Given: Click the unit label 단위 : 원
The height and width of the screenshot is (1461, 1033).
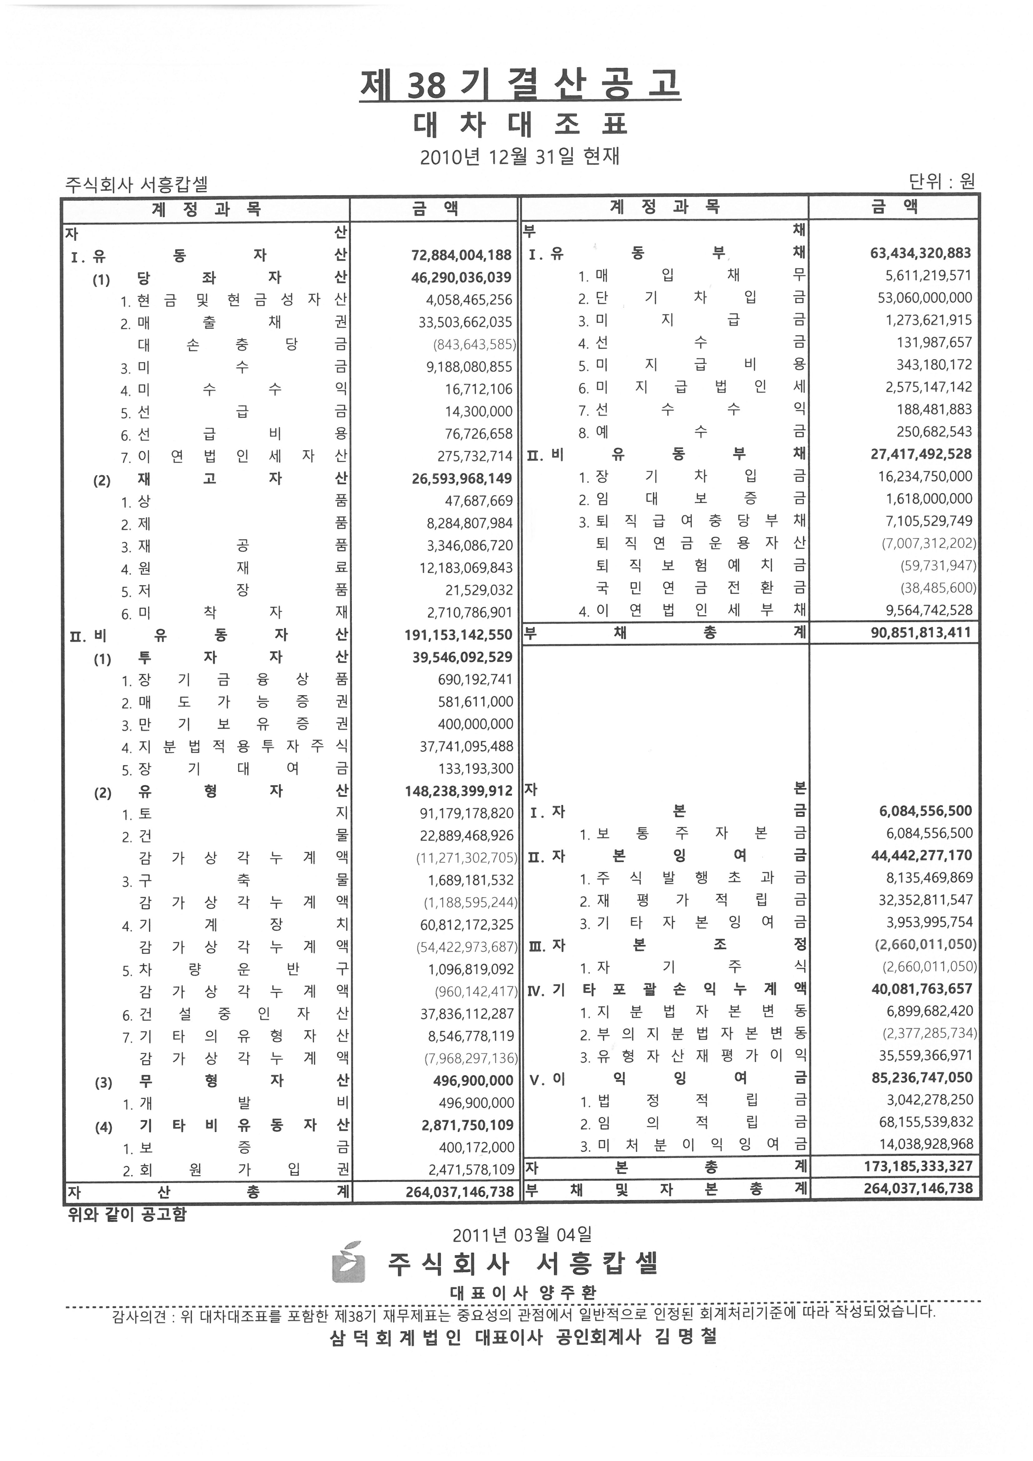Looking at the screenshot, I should coord(941,182).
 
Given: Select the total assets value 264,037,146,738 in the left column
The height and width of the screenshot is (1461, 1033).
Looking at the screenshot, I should coord(460,1191).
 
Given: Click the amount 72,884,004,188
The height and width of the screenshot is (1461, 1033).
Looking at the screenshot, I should coord(462,255).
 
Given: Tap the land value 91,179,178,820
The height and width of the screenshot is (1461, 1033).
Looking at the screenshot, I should coord(466,813).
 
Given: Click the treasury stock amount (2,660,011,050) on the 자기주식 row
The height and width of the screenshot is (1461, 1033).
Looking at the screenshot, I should coord(929,967).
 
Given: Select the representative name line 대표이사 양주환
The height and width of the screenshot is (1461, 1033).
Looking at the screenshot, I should coord(522,1292).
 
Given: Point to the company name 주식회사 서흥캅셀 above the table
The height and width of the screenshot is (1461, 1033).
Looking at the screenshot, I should coord(136,185).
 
